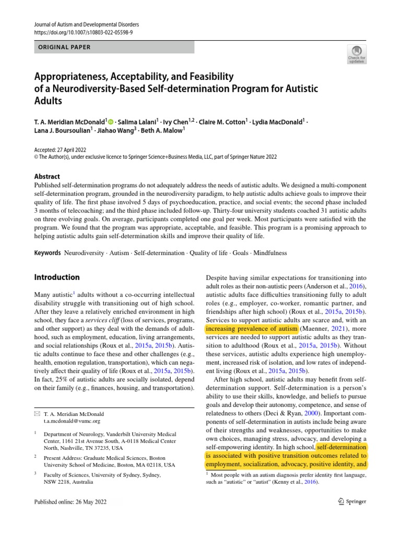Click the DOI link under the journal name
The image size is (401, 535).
[x=83, y=32]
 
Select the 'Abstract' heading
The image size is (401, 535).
[x=47, y=177]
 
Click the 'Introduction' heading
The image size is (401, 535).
[x=57, y=277]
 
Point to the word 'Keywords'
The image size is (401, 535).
[x=48, y=253]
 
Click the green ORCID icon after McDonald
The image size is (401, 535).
[x=111, y=122]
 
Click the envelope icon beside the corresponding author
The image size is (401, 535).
[x=37, y=413]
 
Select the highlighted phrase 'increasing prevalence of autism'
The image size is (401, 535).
[x=251, y=329]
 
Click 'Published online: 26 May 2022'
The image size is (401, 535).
[x=70, y=502]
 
